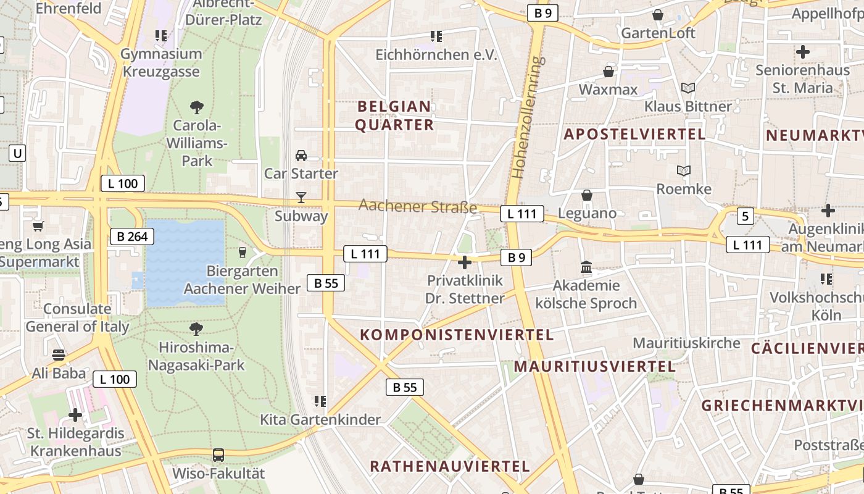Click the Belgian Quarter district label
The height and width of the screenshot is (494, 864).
(x=395, y=115)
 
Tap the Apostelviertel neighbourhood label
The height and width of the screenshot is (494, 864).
(x=634, y=134)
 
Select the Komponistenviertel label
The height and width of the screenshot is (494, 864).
(x=457, y=335)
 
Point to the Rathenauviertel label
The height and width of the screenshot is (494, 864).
(x=450, y=466)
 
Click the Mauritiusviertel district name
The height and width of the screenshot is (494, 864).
(x=594, y=366)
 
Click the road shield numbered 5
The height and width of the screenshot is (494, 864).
(x=746, y=216)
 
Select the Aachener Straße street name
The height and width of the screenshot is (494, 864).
(x=418, y=206)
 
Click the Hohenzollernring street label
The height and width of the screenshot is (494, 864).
(x=526, y=117)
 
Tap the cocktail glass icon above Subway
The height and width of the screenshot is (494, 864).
(x=301, y=198)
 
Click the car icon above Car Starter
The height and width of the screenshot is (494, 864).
(x=301, y=155)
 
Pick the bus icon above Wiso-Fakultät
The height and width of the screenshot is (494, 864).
(x=218, y=455)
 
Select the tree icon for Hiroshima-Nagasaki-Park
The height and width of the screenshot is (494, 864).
(x=197, y=328)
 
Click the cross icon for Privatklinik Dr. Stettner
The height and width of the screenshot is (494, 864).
(x=465, y=262)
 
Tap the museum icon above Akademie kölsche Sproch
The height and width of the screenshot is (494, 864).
(x=586, y=267)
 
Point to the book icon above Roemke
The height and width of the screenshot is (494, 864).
(x=684, y=170)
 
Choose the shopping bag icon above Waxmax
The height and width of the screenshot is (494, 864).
(x=609, y=72)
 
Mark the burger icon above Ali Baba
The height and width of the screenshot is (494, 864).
(x=59, y=355)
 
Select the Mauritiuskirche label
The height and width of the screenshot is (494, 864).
(x=686, y=343)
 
